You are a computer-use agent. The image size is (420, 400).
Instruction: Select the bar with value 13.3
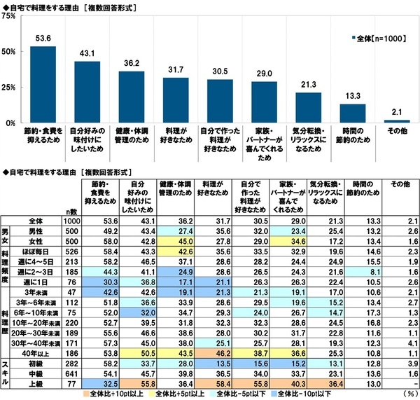(x=352, y=113)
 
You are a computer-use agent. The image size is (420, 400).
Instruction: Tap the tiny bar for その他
(x=396, y=121)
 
